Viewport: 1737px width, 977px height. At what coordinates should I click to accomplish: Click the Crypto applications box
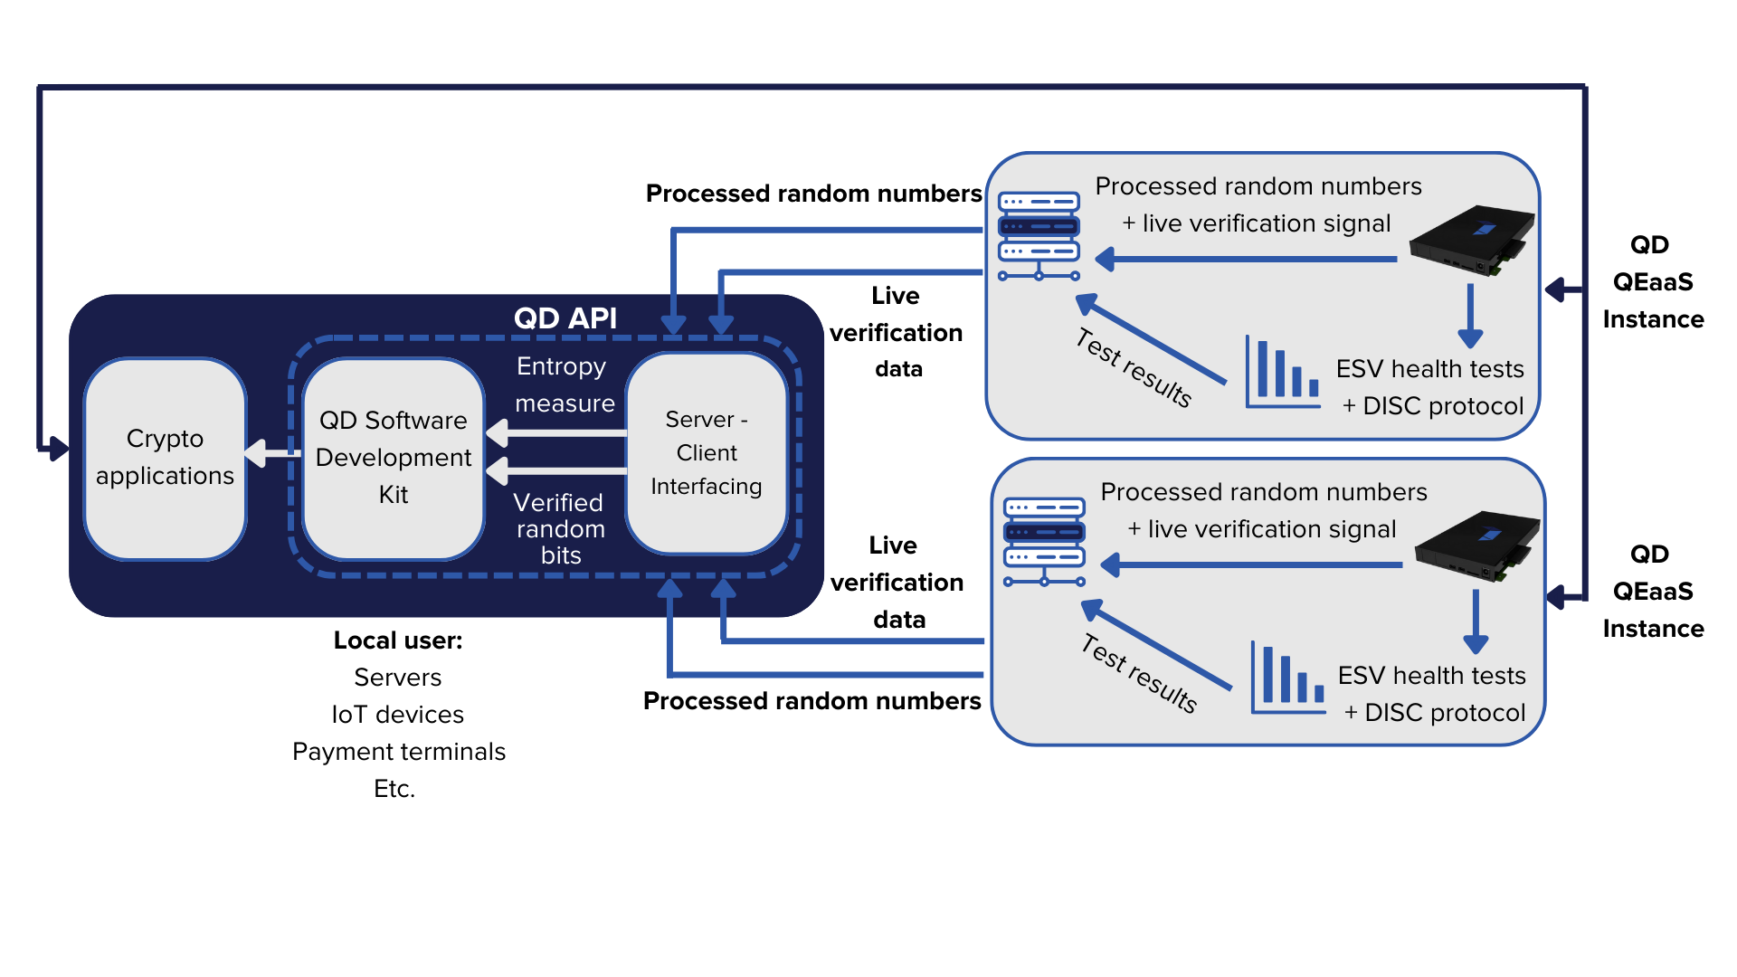pos(165,458)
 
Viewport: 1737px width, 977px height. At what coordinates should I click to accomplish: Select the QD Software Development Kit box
pos(394,458)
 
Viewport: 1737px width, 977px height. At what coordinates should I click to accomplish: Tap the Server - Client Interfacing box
pos(707,453)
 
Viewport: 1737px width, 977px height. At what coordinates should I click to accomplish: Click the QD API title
pos(565,318)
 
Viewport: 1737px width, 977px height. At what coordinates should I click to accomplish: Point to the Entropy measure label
pos(564,384)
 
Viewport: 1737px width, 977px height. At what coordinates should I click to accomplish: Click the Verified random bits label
pos(560,528)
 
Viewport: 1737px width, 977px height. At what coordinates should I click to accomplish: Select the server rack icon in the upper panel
pos(1039,236)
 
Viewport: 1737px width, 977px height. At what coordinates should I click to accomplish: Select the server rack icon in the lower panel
pos(1044,542)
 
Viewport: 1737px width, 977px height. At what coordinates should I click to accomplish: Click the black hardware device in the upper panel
pos(1472,240)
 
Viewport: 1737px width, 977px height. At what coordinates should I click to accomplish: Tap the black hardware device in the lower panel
pos(1477,545)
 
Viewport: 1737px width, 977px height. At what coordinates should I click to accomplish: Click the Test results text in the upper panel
pos(1134,368)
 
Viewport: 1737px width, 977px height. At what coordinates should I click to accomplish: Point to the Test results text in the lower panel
pos(1139,674)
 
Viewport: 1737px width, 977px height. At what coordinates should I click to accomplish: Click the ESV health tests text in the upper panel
pos(1429,369)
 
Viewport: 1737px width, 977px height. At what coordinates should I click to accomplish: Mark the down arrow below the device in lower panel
pos(1476,623)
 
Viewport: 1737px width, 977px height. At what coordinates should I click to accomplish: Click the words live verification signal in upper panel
pos(1266,223)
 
